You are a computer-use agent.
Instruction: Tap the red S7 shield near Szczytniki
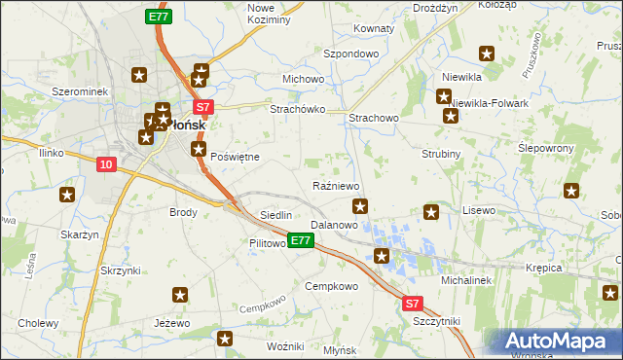click(x=413, y=304)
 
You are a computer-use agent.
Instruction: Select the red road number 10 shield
click(x=106, y=165)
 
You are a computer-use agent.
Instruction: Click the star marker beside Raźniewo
click(x=360, y=205)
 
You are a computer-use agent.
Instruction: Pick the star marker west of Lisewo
click(x=432, y=211)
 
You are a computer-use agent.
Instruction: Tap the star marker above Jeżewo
click(x=180, y=295)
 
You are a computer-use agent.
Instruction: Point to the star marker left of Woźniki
click(x=226, y=339)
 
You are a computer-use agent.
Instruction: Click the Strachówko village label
click(x=297, y=109)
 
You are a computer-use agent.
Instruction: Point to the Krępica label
click(x=545, y=267)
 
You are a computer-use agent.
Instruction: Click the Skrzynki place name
click(x=120, y=270)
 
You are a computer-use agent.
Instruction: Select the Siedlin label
click(x=276, y=214)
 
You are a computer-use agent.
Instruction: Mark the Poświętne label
click(x=234, y=156)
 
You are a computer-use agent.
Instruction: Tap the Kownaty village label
click(x=374, y=28)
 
